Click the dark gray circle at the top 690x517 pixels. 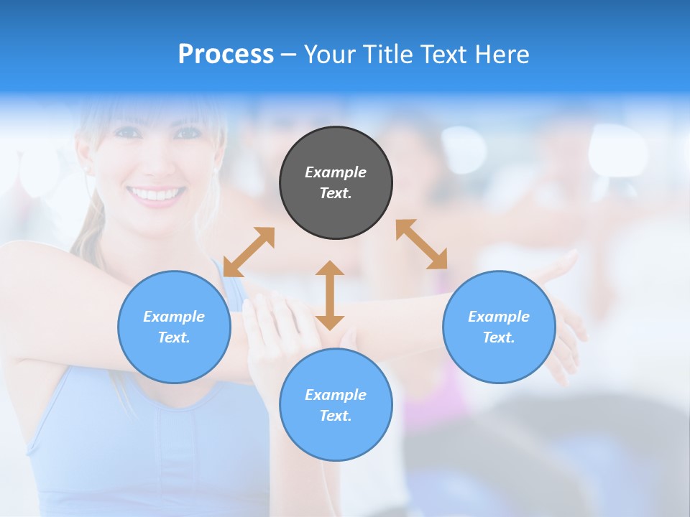tap(336, 182)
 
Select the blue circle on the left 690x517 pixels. tap(174, 327)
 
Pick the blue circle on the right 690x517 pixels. tap(499, 327)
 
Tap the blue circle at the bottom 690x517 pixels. tap(336, 405)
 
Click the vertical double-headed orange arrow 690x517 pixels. tap(330, 295)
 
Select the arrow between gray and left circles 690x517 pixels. tap(249, 252)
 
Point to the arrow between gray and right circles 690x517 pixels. tap(422, 244)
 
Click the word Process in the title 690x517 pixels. tap(226, 55)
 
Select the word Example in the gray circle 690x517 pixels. tap(336, 172)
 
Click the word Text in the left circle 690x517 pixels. tap(173, 337)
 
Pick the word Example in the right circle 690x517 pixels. tap(499, 317)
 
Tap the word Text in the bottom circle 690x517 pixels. tap(335, 416)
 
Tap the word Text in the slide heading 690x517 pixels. tap(442, 55)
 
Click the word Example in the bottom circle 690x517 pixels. tap(336, 395)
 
